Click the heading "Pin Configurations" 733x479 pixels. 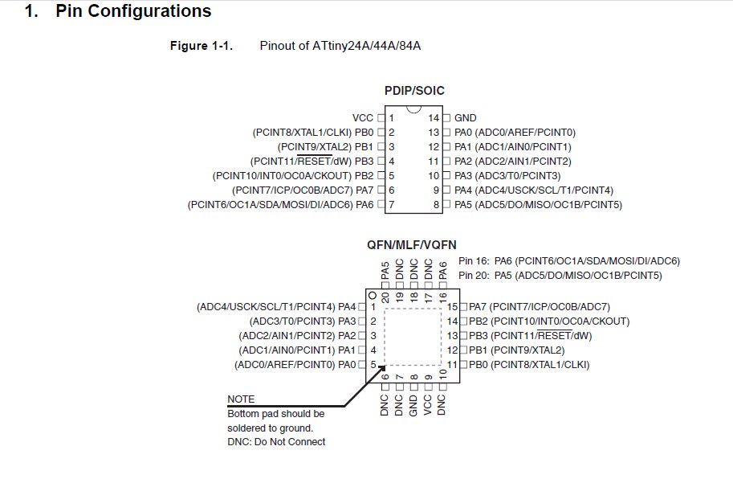pyautogui.click(x=133, y=12)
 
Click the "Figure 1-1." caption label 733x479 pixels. pyautogui.click(x=202, y=46)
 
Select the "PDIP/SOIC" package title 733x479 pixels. pyautogui.click(x=414, y=91)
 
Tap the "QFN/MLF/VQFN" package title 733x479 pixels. pyautogui.click(x=412, y=244)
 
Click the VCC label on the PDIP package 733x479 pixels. pyautogui.click(x=363, y=118)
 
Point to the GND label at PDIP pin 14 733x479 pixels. pyautogui.click(x=466, y=118)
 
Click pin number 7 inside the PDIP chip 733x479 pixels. pyautogui.click(x=391, y=205)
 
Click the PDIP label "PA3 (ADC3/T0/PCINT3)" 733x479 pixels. pyautogui.click(x=507, y=176)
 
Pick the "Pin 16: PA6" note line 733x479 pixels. pyautogui.click(x=568, y=261)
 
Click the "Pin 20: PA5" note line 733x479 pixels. pyautogui.click(x=560, y=276)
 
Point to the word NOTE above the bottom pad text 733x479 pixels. pyautogui.click(x=241, y=399)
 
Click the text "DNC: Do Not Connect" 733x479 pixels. pyautogui.click(x=276, y=442)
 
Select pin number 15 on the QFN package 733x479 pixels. pyautogui.click(x=452, y=307)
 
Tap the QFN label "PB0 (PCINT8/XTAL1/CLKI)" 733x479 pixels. pyautogui.click(x=529, y=365)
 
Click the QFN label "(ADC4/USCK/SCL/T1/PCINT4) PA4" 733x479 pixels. pyautogui.click(x=276, y=307)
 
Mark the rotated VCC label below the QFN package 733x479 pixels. pyautogui.click(x=427, y=403)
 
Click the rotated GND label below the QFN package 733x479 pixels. pyautogui.click(x=413, y=403)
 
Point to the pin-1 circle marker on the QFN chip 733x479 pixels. pyautogui.click(x=373, y=295)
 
